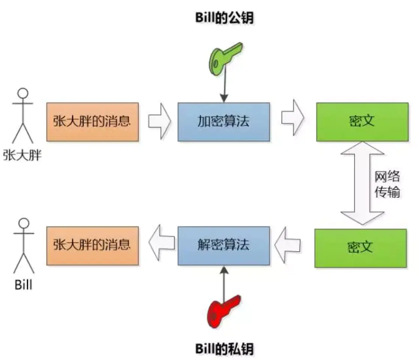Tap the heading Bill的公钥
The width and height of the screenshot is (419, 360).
click(224, 18)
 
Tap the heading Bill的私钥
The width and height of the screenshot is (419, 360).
click(224, 349)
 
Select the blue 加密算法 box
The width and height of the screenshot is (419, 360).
click(224, 121)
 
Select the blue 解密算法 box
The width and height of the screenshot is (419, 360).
click(224, 246)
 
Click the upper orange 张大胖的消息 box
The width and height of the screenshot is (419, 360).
click(92, 121)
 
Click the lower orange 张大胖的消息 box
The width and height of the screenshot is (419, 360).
click(92, 246)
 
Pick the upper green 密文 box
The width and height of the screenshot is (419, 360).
click(362, 121)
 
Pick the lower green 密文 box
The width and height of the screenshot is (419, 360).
click(360, 248)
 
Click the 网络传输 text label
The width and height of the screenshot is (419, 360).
click(388, 184)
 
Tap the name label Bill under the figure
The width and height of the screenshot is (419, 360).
click(24, 285)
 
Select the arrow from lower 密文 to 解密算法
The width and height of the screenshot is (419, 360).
click(288, 245)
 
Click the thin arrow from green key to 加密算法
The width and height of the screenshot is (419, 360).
click(224, 88)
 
